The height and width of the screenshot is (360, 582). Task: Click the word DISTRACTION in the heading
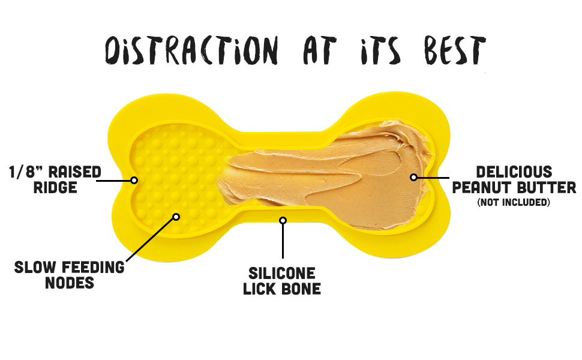[x=191, y=50]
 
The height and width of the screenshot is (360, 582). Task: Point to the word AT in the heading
[x=311, y=50]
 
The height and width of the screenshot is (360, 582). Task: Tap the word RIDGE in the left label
[x=55, y=187]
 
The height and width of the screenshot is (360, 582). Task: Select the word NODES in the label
[x=70, y=282]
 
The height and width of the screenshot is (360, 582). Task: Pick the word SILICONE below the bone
[x=282, y=274]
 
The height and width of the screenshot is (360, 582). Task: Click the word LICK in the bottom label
[x=262, y=289]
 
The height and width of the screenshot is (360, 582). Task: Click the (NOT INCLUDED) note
[x=514, y=202]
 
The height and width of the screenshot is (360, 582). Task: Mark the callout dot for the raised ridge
[x=134, y=179]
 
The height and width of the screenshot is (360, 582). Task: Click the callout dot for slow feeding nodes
[x=176, y=217]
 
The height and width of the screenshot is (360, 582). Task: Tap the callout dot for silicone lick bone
[x=283, y=220]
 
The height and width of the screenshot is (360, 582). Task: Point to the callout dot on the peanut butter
[x=413, y=177]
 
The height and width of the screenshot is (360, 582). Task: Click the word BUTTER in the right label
[x=546, y=188]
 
